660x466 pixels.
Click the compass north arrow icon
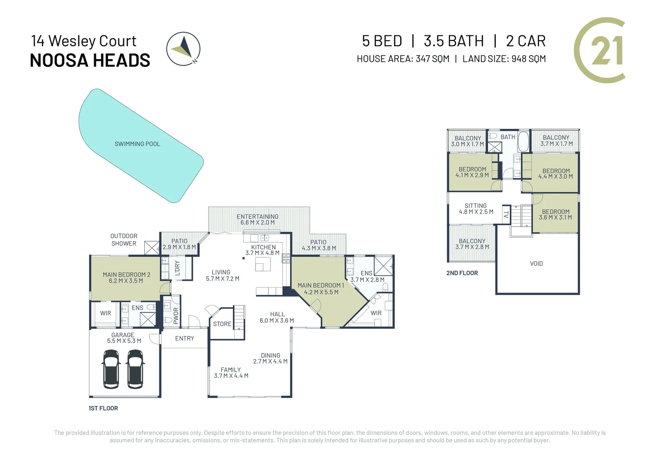click(x=183, y=49)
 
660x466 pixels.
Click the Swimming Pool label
click(x=137, y=144)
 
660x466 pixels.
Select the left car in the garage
click(x=111, y=369)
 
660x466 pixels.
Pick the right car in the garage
click(x=135, y=369)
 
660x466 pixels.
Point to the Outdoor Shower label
click(x=124, y=239)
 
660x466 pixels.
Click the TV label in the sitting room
click(x=506, y=214)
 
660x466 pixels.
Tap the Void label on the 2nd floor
click(x=536, y=264)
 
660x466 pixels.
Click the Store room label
click(x=222, y=324)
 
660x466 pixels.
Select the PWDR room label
click(x=176, y=315)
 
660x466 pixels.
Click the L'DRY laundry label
click(x=177, y=268)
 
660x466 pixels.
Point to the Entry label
click(x=184, y=338)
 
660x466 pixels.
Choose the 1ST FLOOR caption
click(x=103, y=408)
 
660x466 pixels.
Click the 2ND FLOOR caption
click(x=462, y=273)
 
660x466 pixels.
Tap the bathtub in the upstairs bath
click(x=523, y=142)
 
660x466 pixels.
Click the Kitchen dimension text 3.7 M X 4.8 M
click(x=262, y=253)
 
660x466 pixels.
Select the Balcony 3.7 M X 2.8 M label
click(x=472, y=244)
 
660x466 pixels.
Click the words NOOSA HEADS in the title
click(x=90, y=60)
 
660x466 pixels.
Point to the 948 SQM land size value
click(x=529, y=59)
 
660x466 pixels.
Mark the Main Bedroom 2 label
click(x=126, y=277)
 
